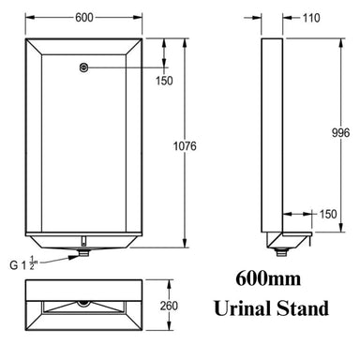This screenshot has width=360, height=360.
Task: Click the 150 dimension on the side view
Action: (x=327, y=214)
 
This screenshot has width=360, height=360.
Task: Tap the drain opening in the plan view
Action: (x=84, y=305)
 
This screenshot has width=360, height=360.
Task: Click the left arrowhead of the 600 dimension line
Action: (x=27, y=18)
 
